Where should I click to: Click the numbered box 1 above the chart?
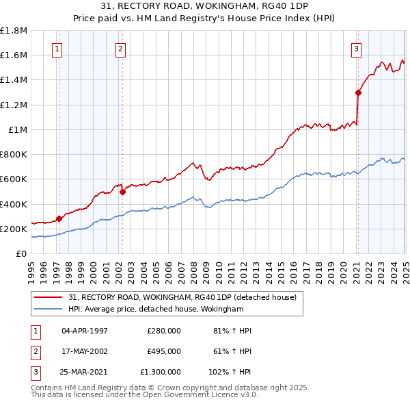pos(57,49)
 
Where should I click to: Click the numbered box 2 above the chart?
pos(120,49)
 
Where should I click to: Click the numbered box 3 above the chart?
pos(356,49)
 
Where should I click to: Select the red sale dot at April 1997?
pos(59,218)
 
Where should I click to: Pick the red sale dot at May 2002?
pos(123,192)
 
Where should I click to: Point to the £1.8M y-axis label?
pos(14,31)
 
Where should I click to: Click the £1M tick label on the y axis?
pos(18,129)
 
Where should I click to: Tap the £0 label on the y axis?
pos(22,253)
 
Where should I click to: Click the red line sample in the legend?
pos(49,297)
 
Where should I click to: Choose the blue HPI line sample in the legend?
pos(49,309)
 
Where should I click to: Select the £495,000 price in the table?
pos(164,351)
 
